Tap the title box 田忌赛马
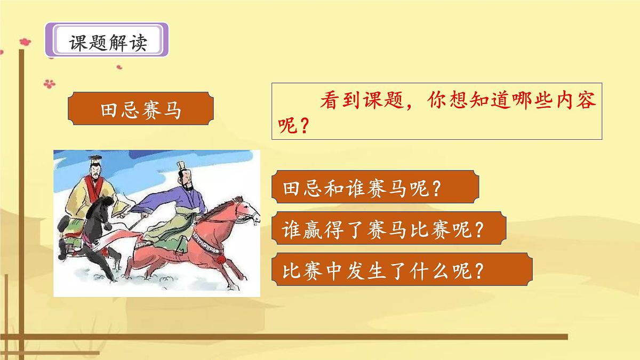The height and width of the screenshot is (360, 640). pos(141,111)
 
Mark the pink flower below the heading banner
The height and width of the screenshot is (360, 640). pos(49,84)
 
